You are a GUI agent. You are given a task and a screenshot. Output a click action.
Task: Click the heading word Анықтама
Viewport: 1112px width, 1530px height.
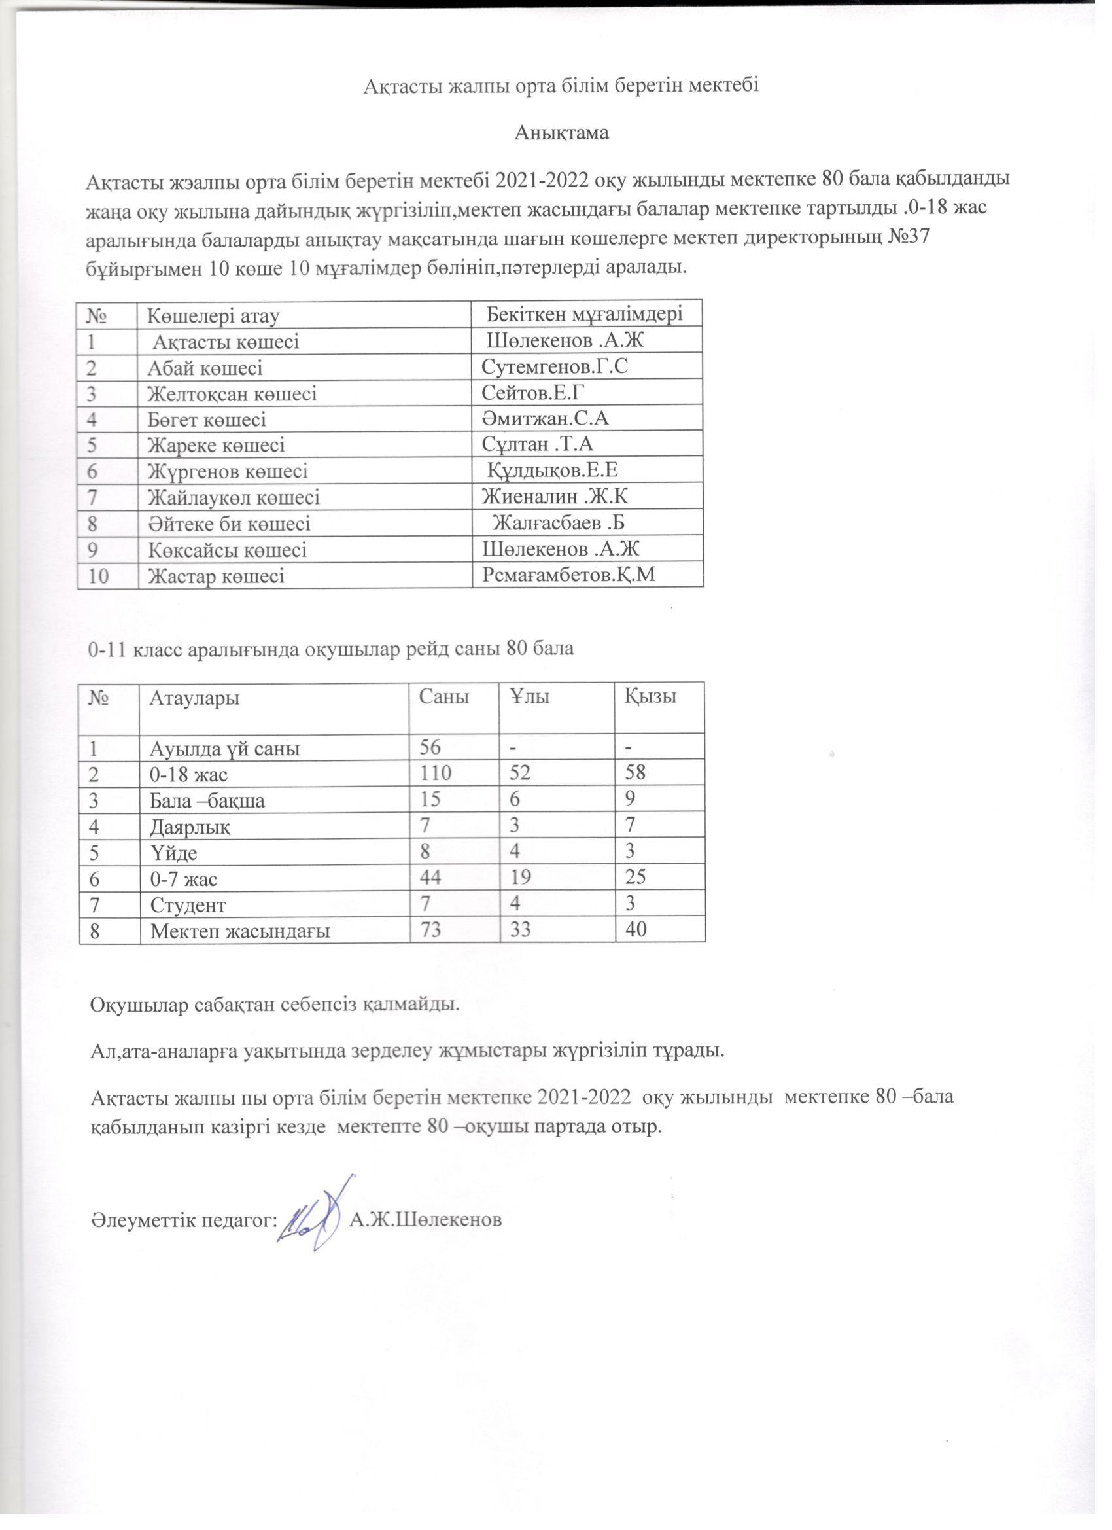tap(561, 133)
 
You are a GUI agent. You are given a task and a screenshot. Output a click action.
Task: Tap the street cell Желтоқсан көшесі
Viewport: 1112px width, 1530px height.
tap(232, 394)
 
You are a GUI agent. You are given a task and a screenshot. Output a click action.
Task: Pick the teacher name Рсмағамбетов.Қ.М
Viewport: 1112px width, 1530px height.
tap(570, 574)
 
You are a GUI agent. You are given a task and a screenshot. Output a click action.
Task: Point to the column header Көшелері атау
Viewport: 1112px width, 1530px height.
tap(214, 315)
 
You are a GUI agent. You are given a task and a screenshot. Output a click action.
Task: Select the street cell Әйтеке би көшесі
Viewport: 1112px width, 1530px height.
tap(230, 524)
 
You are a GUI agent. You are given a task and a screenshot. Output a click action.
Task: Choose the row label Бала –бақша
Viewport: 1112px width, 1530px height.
tap(207, 801)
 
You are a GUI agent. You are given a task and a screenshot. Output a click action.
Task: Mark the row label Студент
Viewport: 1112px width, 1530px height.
tap(188, 904)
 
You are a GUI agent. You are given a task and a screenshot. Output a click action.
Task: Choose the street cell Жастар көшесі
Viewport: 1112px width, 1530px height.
tap(216, 576)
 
